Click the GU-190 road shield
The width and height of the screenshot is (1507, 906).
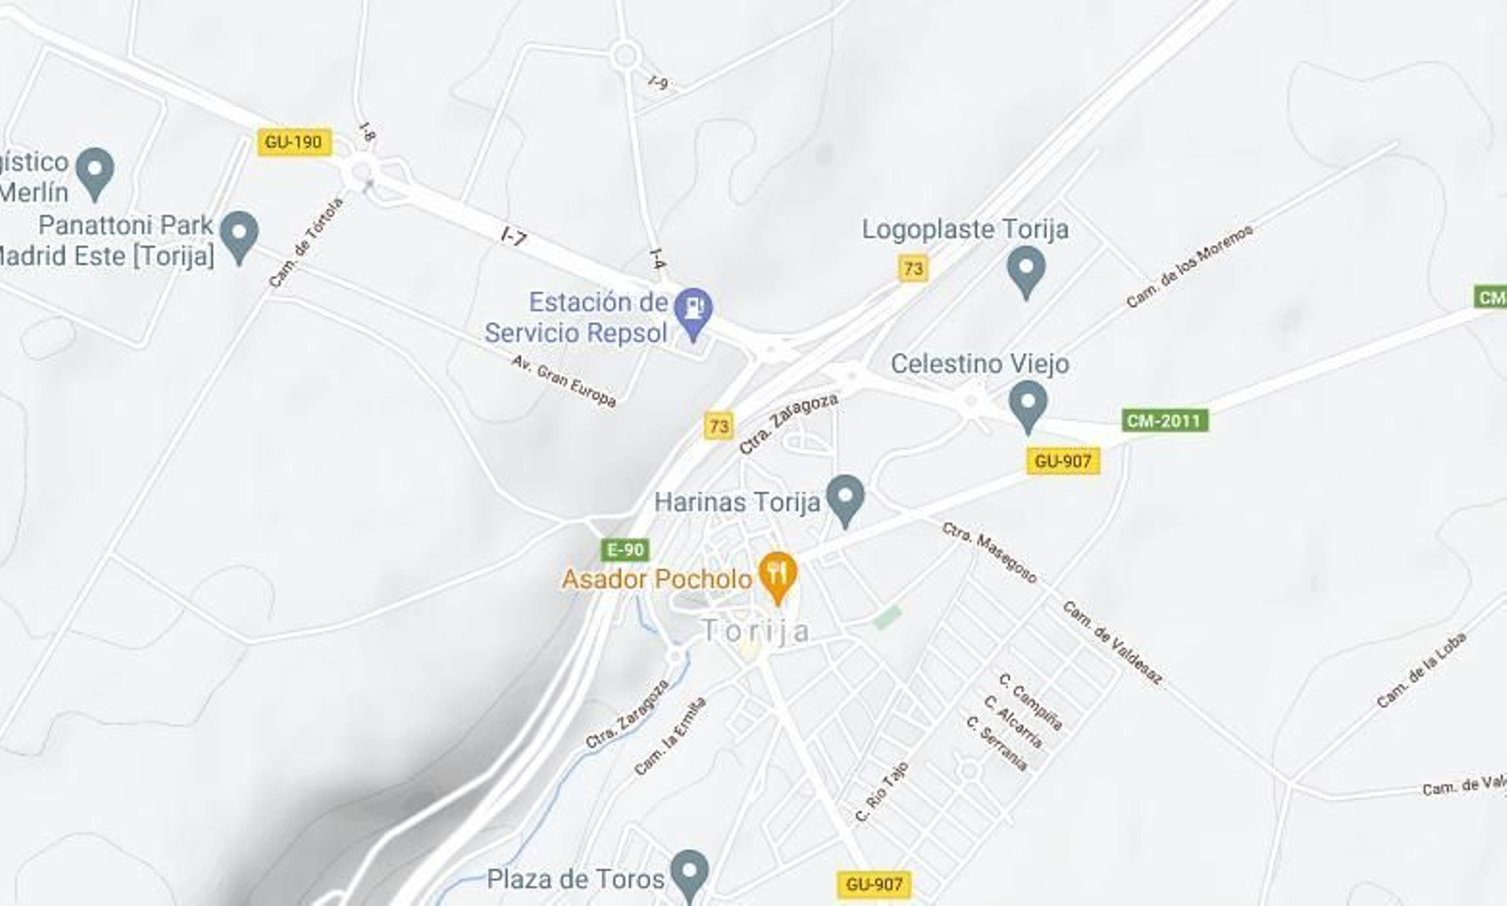pyautogui.click(x=293, y=142)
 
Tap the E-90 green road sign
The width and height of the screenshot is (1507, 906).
pyautogui.click(x=625, y=550)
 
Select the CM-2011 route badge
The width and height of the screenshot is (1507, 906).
pyautogui.click(x=1164, y=420)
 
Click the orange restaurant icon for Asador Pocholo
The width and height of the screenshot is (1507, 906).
pyautogui.click(x=777, y=575)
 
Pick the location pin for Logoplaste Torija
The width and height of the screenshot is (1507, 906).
pyautogui.click(x=1026, y=271)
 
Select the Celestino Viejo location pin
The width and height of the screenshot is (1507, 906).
pyautogui.click(x=1028, y=405)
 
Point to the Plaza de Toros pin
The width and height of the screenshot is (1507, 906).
pyautogui.click(x=689, y=874)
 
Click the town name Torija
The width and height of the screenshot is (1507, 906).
pyautogui.click(x=755, y=631)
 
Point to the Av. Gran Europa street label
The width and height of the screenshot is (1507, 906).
pyautogui.click(x=563, y=380)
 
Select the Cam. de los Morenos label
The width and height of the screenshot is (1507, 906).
pyautogui.click(x=1190, y=267)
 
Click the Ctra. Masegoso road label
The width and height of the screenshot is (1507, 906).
pyautogui.click(x=989, y=552)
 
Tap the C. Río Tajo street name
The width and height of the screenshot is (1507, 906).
pyautogui.click(x=882, y=791)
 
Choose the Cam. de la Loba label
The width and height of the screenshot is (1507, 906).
pyautogui.click(x=1421, y=670)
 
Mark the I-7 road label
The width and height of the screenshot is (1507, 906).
pyautogui.click(x=513, y=236)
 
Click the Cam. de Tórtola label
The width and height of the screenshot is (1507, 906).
pyautogui.click(x=306, y=242)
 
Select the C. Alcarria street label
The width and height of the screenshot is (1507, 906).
pyautogui.click(x=1013, y=721)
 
